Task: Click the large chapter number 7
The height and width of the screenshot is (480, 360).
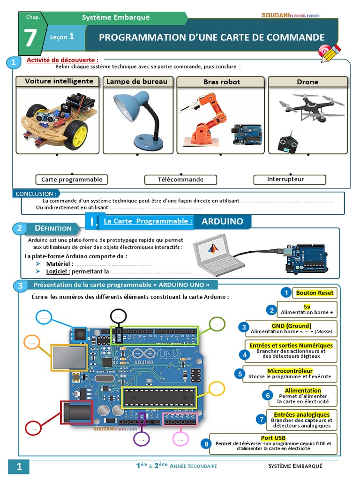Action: point(30,38)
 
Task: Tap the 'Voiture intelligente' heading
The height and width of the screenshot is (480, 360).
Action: point(59,81)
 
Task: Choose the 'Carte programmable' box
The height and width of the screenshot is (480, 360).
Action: point(72,180)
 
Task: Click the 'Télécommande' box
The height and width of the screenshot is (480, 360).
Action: point(180,180)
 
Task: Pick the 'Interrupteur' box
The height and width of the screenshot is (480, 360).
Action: point(289,179)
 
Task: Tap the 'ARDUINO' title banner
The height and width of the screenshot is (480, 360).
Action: point(222,221)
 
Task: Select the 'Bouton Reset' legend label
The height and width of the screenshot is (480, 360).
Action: point(315,293)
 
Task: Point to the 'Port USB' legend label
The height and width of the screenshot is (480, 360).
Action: point(274,438)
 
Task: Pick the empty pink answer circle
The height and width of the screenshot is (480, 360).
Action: point(180,438)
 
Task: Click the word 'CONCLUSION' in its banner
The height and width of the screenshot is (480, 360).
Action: point(35,194)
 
